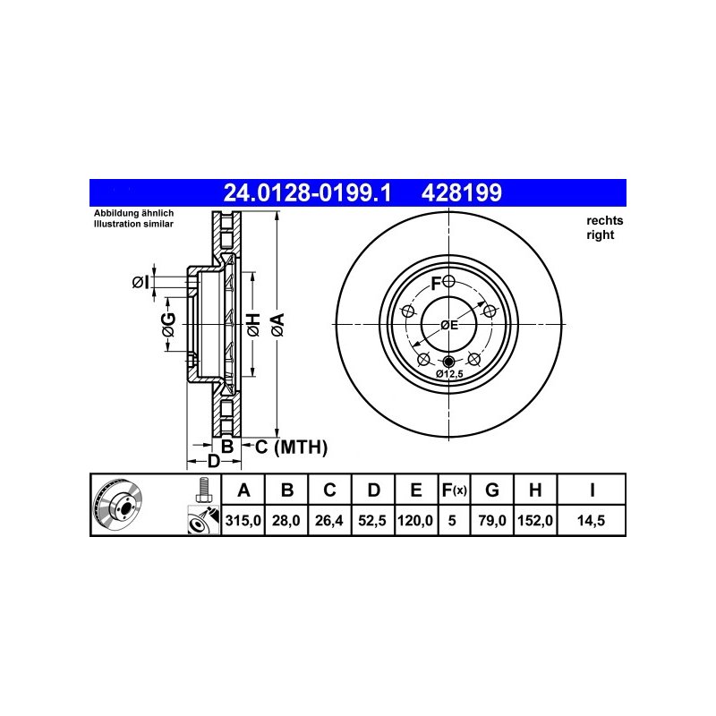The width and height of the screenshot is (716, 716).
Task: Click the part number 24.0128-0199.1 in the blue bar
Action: (307, 192)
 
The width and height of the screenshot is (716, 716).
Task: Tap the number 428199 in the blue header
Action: (461, 192)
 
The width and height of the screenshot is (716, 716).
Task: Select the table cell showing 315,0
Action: (243, 521)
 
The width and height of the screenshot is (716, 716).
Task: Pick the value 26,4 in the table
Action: (329, 521)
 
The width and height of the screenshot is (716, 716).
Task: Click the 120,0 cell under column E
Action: (415, 521)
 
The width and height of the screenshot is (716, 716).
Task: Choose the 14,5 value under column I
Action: (591, 521)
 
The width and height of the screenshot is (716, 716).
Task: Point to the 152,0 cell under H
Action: (535, 521)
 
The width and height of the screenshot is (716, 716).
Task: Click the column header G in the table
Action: (491, 490)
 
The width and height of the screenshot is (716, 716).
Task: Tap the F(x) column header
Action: (454, 490)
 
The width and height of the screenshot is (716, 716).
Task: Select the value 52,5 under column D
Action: (372, 521)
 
